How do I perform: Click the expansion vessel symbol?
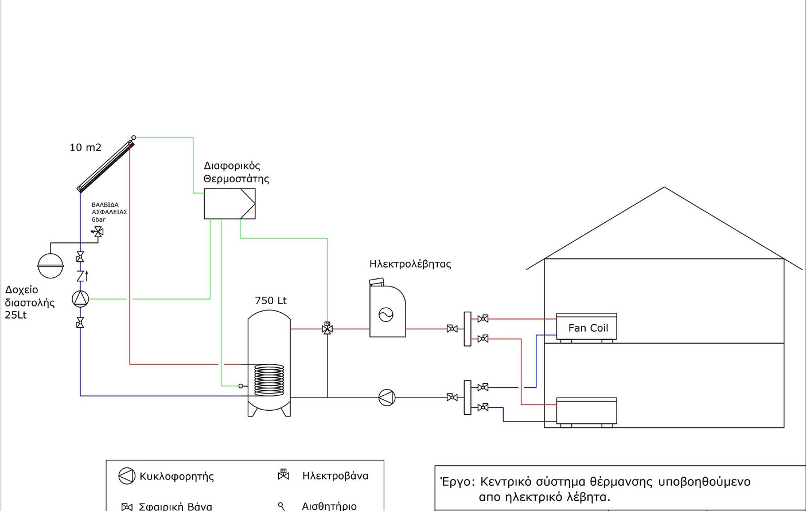50,266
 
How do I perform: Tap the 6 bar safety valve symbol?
98,232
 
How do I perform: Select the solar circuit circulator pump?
80,299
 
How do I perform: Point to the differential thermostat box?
229,204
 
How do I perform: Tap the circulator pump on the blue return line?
387,398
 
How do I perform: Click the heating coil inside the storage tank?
269,380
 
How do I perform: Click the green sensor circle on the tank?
241,386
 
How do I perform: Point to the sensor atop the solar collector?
134,137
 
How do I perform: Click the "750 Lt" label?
271,300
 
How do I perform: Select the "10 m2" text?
85,147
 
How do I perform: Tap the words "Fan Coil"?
588,328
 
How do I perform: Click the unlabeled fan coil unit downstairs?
586,412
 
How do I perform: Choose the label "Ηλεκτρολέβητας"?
410,264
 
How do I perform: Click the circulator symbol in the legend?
127,476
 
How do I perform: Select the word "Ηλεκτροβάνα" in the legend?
335,476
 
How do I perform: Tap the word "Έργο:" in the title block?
457,482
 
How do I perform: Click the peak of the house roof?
664,187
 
